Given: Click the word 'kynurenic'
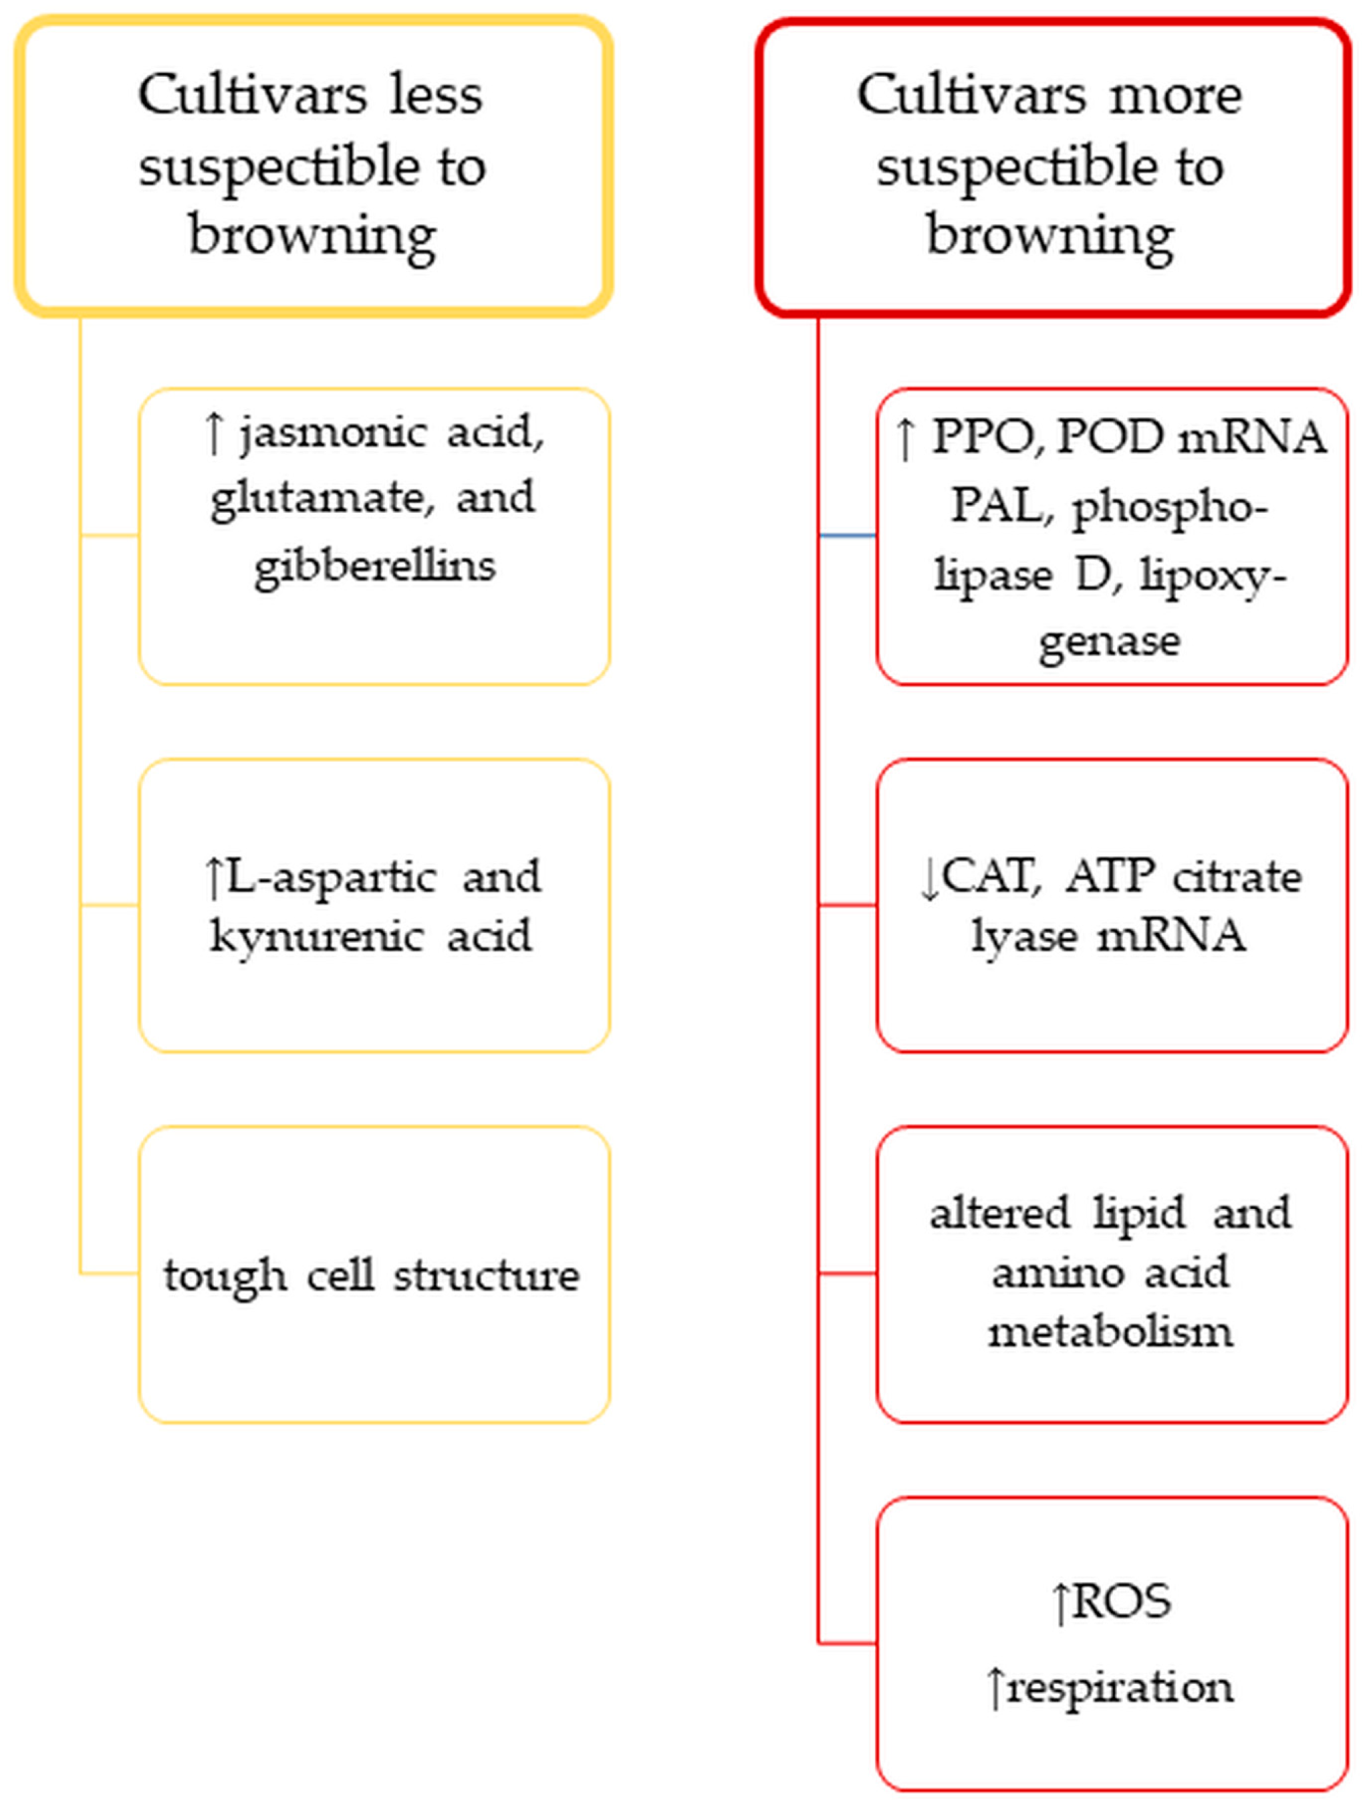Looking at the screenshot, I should point(316,937).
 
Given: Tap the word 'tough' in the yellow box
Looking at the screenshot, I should point(225,1276).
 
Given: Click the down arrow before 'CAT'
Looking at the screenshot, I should point(930,879).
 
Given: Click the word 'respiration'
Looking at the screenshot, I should point(1120,1687).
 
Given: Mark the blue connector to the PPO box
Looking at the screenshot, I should point(847,536).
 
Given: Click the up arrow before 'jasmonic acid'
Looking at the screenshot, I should point(213,433).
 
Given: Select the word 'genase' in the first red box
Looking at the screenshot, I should point(1109,642).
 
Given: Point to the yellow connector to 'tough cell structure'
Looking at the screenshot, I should point(110,1273).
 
